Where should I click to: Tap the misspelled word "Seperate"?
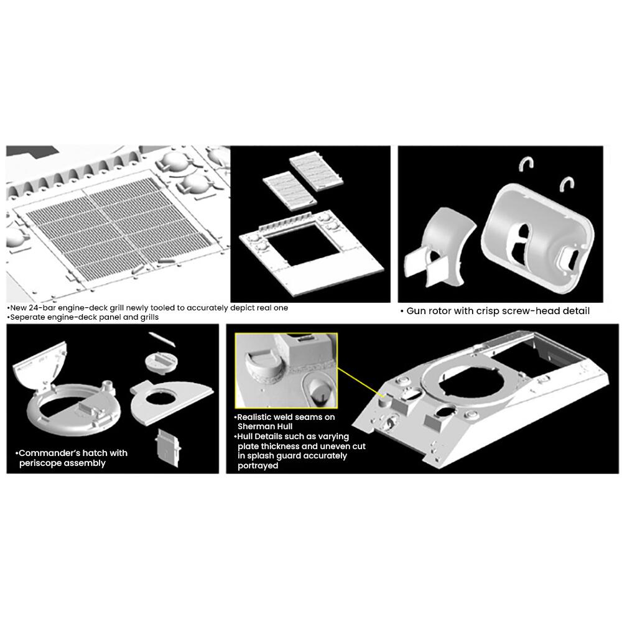pyautogui.click(x=27, y=317)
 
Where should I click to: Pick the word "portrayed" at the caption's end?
pyautogui.click(x=258, y=466)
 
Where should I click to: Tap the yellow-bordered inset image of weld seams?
pyautogui.click(x=286, y=371)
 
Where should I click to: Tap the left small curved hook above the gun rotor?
pyautogui.click(x=527, y=164)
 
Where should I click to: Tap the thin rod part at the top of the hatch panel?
pyautogui.click(x=162, y=339)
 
